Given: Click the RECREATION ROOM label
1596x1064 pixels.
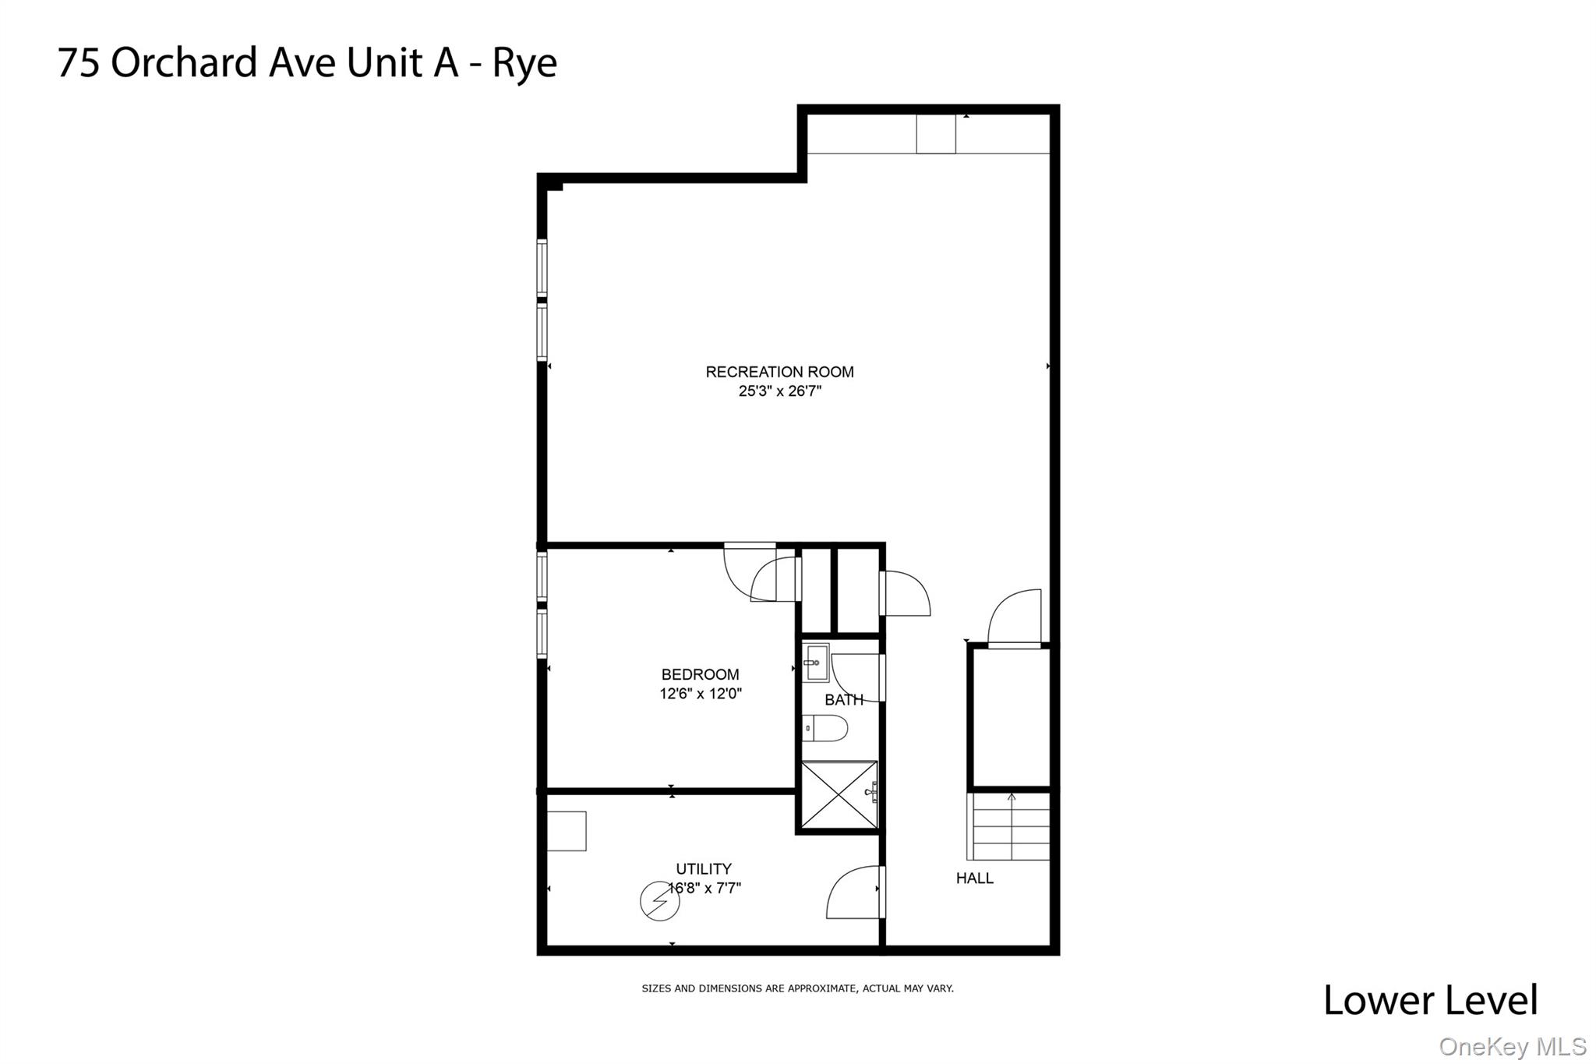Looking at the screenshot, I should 779,372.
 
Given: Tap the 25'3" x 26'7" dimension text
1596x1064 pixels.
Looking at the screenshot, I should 779,391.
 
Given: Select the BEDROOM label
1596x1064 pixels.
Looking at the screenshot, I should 700,674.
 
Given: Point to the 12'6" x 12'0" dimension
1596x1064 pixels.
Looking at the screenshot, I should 700,693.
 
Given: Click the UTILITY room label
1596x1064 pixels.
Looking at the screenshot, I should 703,868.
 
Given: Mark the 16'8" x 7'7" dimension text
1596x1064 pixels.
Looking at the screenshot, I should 705,888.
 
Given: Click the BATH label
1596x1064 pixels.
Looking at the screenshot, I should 843,700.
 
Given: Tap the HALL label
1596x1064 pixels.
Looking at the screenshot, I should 974,878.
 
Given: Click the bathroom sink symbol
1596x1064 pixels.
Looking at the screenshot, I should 816,663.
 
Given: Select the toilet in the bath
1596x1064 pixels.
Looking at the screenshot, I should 824,728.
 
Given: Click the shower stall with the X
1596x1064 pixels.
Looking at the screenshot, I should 839,795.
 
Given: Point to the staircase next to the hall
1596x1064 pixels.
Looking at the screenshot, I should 1010,826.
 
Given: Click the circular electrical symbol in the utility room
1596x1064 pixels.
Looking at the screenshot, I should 659,901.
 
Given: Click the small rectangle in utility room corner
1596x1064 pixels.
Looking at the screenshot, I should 567,831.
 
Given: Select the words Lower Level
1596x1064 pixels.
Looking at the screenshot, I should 1430,1000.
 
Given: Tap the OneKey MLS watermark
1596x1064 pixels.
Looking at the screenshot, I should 1512,1047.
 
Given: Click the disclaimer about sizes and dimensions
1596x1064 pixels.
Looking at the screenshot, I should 797,988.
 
